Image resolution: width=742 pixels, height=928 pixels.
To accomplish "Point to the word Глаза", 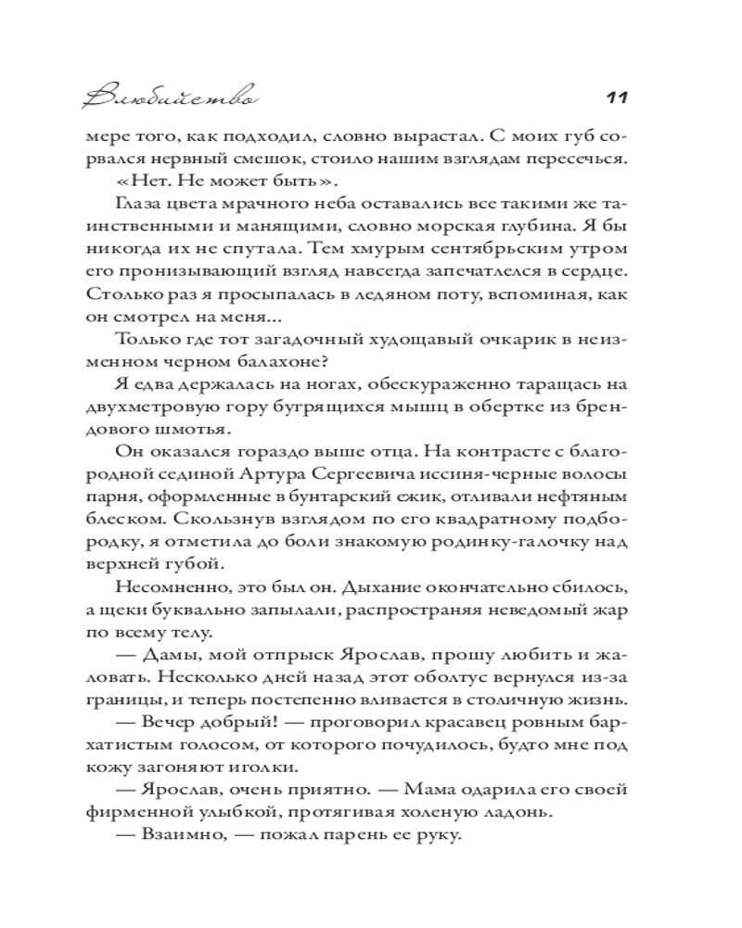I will [x=140, y=204].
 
